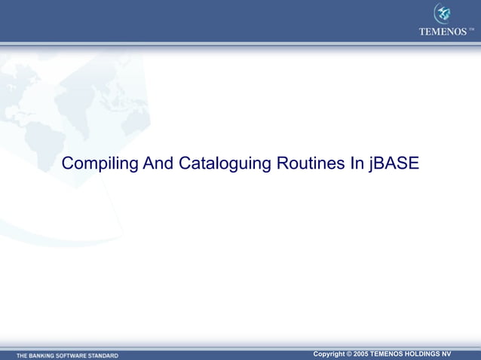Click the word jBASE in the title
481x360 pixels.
pyautogui.click(x=395, y=163)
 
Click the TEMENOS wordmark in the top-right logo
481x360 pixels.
pyautogui.click(x=443, y=32)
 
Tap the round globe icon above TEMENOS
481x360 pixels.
pyautogui.click(x=443, y=14)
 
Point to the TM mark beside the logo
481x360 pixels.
pyautogui.click(x=472, y=30)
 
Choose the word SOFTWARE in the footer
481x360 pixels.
pyautogui.click(x=77, y=355)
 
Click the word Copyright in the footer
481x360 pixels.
pyautogui.click(x=329, y=353)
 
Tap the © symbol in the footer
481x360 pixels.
pyautogui.click(x=350, y=353)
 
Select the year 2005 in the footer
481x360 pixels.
pyautogui.click(x=362, y=353)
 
